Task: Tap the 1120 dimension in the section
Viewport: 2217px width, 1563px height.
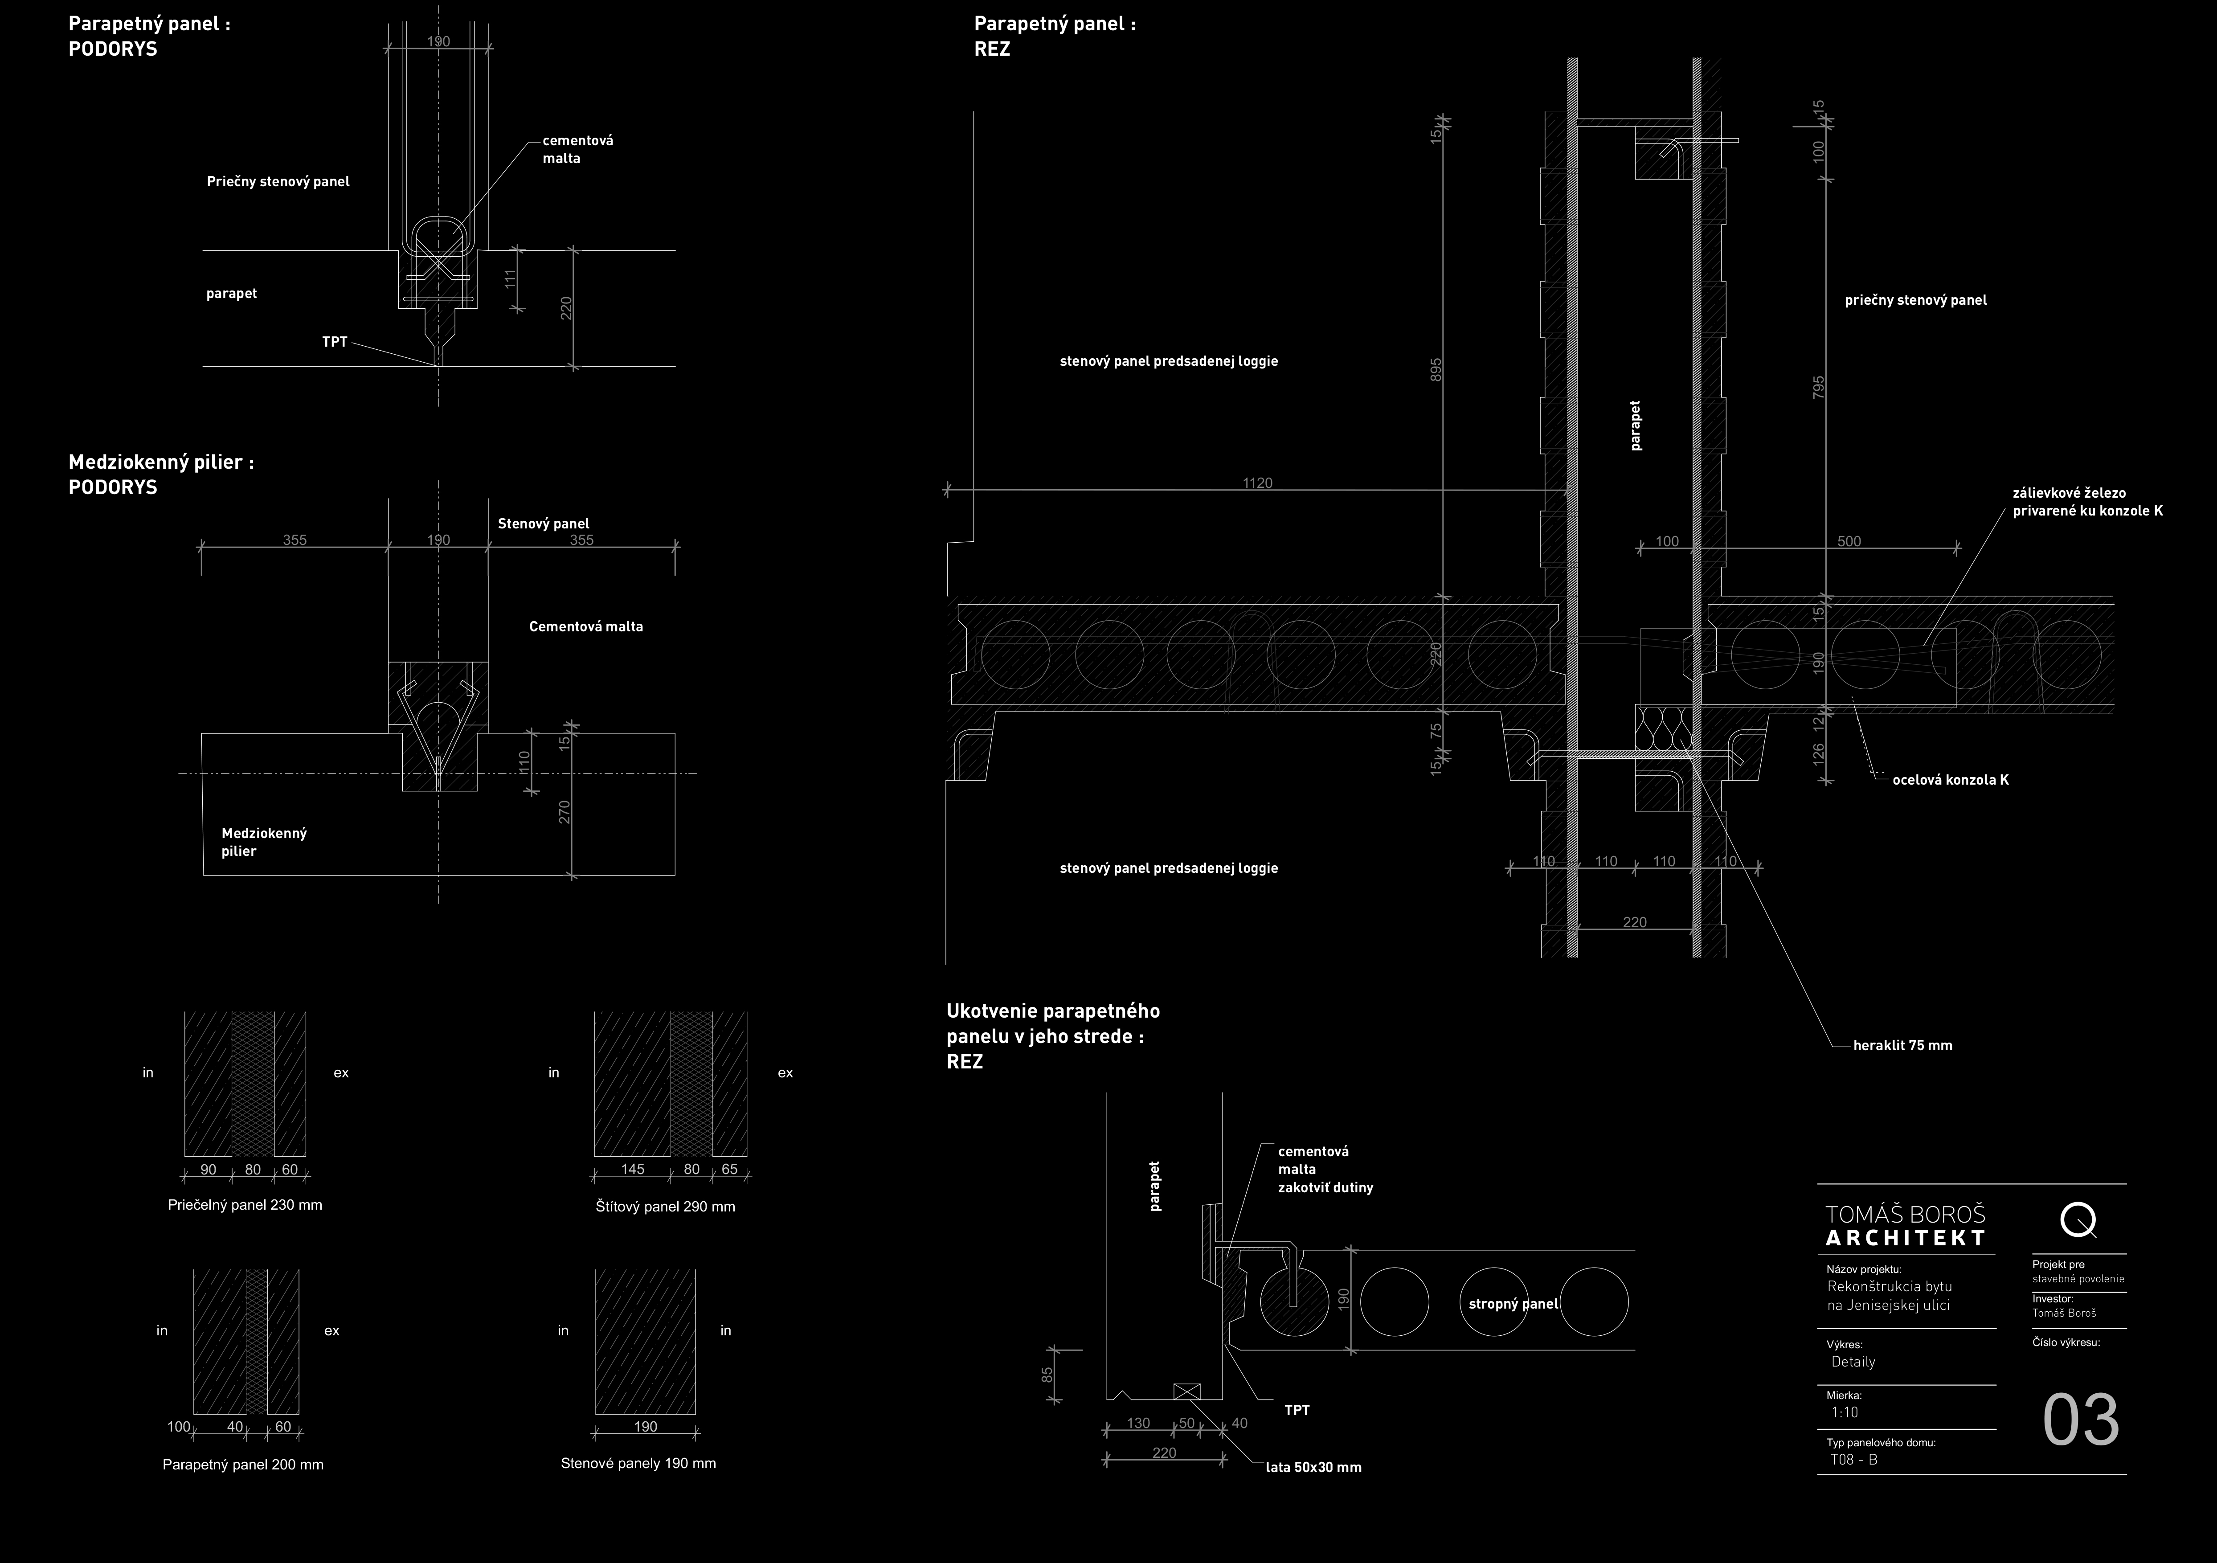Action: pos(1257,483)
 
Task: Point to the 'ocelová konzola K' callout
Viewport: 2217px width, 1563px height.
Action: pos(1951,780)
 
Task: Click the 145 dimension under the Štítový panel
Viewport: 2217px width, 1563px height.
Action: pos(633,1169)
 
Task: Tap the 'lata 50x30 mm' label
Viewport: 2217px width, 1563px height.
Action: pos(1313,1467)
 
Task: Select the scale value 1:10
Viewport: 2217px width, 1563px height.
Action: pos(1844,1412)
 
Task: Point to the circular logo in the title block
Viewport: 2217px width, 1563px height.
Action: pos(2077,1221)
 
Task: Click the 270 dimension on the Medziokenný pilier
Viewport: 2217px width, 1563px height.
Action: pos(565,812)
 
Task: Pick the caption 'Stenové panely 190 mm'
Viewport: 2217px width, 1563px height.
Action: pos(638,1464)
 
